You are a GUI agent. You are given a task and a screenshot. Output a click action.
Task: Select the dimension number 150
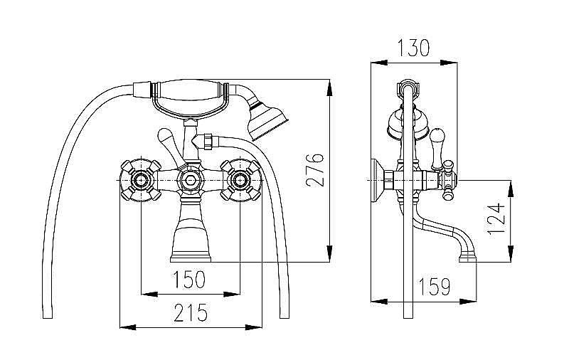click(191, 279)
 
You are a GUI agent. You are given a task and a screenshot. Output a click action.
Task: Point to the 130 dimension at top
click(413, 48)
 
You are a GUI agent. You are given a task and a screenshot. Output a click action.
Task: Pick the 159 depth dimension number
click(433, 287)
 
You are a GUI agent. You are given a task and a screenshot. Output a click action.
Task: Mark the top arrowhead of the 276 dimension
click(329, 86)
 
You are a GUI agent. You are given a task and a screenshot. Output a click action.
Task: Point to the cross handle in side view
click(447, 179)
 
